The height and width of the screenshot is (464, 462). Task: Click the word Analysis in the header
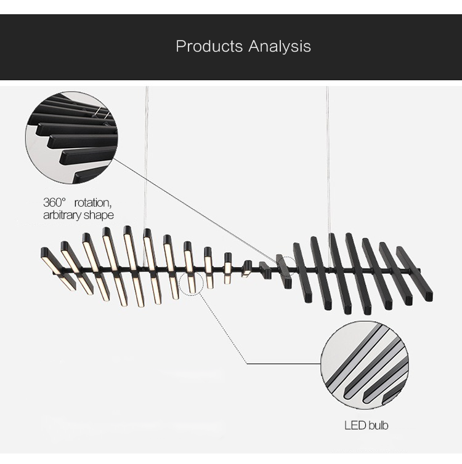point(280,47)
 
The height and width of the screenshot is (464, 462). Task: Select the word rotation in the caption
point(94,202)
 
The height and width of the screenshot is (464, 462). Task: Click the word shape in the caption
point(102,215)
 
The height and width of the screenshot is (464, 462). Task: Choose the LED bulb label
point(366,425)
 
